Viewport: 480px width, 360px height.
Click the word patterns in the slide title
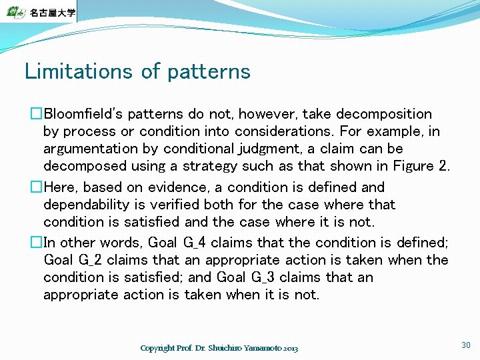209,72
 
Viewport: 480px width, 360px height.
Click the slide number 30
465,345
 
